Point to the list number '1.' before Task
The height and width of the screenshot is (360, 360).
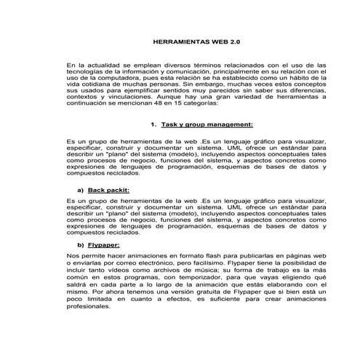click(151, 124)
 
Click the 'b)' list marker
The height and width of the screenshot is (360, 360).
click(80, 245)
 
